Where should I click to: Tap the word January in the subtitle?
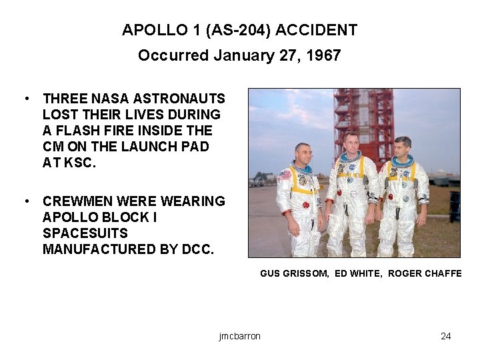click(x=238, y=55)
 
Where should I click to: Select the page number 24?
click(x=446, y=336)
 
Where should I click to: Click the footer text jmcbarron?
click(x=239, y=336)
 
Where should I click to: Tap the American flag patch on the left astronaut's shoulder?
click(x=285, y=175)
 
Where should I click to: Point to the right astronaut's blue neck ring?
click(x=403, y=161)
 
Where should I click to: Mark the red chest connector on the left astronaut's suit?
click(x=307, y=204)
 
